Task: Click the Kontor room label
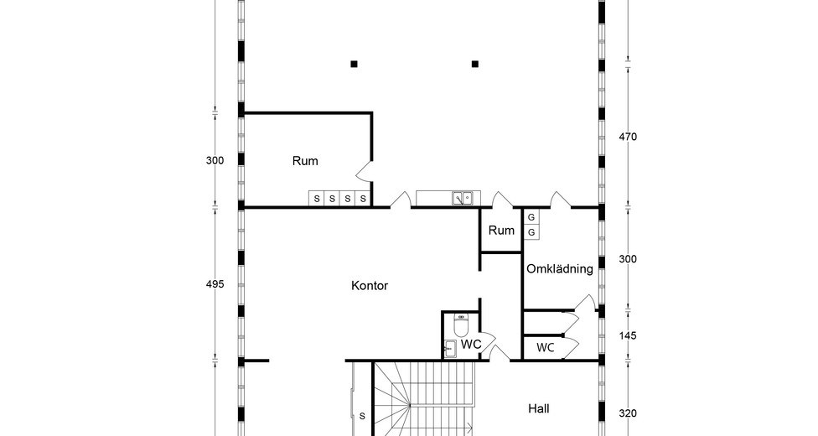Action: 370,286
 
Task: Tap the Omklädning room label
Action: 559,269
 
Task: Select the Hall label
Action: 538,408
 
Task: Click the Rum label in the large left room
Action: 305,161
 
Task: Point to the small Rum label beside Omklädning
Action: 501,231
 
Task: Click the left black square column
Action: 354,65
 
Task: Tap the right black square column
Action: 474,65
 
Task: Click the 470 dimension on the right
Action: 628,137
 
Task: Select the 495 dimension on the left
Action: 215,284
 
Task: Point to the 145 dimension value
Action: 628,335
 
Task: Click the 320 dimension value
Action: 628,413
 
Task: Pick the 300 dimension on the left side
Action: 215,160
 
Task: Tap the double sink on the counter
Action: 462,198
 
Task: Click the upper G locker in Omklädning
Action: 531,217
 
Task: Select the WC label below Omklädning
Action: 545,348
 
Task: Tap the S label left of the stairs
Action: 362,416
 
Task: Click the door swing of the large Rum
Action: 364,171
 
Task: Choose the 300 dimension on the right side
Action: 628,259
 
